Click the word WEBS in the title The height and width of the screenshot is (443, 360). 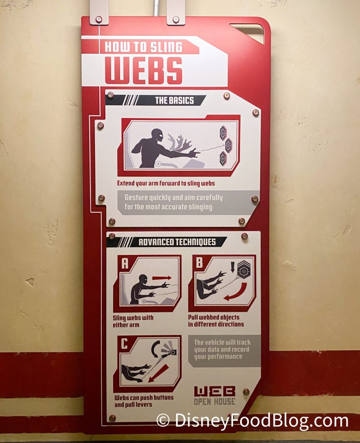point(144,71)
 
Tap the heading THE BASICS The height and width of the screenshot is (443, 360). point(175,100)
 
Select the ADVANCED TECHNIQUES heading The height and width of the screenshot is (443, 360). point(177,242)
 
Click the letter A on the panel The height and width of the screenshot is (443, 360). point(125,263)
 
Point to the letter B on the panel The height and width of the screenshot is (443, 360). point(199,262)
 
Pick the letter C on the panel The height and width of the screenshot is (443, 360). point(124,344)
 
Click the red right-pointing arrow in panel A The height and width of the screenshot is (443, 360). point(162,278)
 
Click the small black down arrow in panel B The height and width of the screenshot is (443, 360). point(233,267)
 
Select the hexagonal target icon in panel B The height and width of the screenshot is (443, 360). point(243,270)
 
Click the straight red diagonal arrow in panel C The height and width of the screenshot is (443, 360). point(158,373)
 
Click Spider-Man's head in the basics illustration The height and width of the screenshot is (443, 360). point(157,136)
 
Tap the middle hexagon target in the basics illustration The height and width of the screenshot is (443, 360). point(228,146)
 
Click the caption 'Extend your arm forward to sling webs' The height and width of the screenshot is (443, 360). point(166,184)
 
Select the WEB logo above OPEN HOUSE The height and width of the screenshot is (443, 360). point(214,391)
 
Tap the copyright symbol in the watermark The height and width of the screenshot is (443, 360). point(163,420)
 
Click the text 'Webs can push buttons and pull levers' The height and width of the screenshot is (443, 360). point(144,401)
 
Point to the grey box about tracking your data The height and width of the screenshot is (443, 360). point(224,350)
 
